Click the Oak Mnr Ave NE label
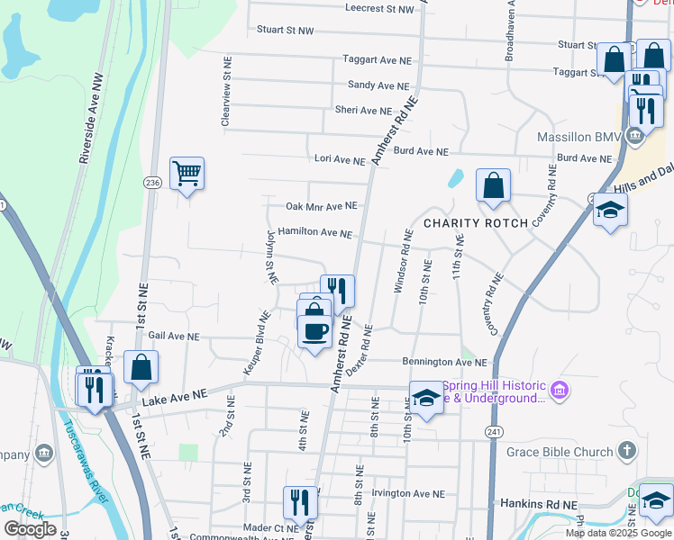click(322, 206)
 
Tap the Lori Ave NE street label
click(340, 159)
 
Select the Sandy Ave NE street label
click(378, 85)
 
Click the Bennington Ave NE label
click(444, 362)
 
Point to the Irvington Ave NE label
click(410, 493)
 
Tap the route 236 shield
click(151, 183)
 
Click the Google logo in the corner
click(30, 529)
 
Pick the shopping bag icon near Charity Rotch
click(493, 185)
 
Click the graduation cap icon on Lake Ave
click(426, 397)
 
